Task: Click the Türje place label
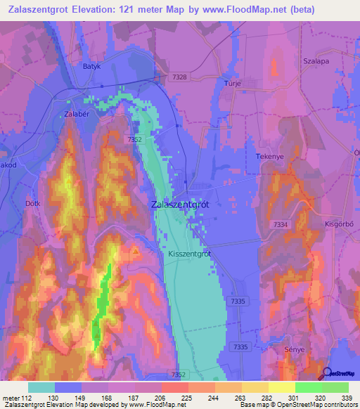click(232, 82)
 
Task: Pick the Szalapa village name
click(315, 61)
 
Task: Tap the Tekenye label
click(269, 156)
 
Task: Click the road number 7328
click(179, 77)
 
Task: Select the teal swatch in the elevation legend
click(41, 387)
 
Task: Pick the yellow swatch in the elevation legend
click(282, 387)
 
